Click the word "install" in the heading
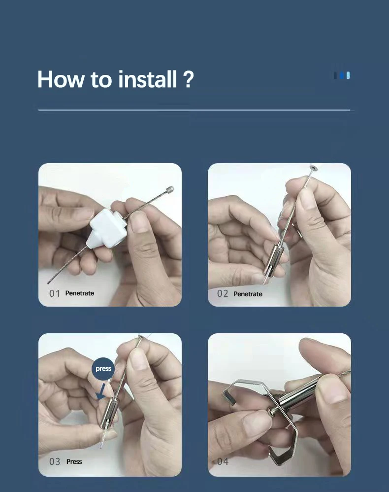(x=148, y=79)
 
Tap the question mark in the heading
(x=188, y=79)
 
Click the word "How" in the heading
(x=61, y=79)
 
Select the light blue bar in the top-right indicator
(x=348, y=75)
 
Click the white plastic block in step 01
(x=106, y=228)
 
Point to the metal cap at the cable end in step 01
(x=169, y=190)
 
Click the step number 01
(x=55, y=293)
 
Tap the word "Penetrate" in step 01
(x=80, y=293)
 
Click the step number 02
(x=223, y=294)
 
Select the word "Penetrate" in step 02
(x=248, y=294)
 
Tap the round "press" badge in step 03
(x=103, y=369)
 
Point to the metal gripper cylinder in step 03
(x=109, y=413)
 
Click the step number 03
(x=55, y=461)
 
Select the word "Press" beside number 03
(x=74, y=461)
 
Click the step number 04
(x=223, y=461)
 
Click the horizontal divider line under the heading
(x=194, y=110)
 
